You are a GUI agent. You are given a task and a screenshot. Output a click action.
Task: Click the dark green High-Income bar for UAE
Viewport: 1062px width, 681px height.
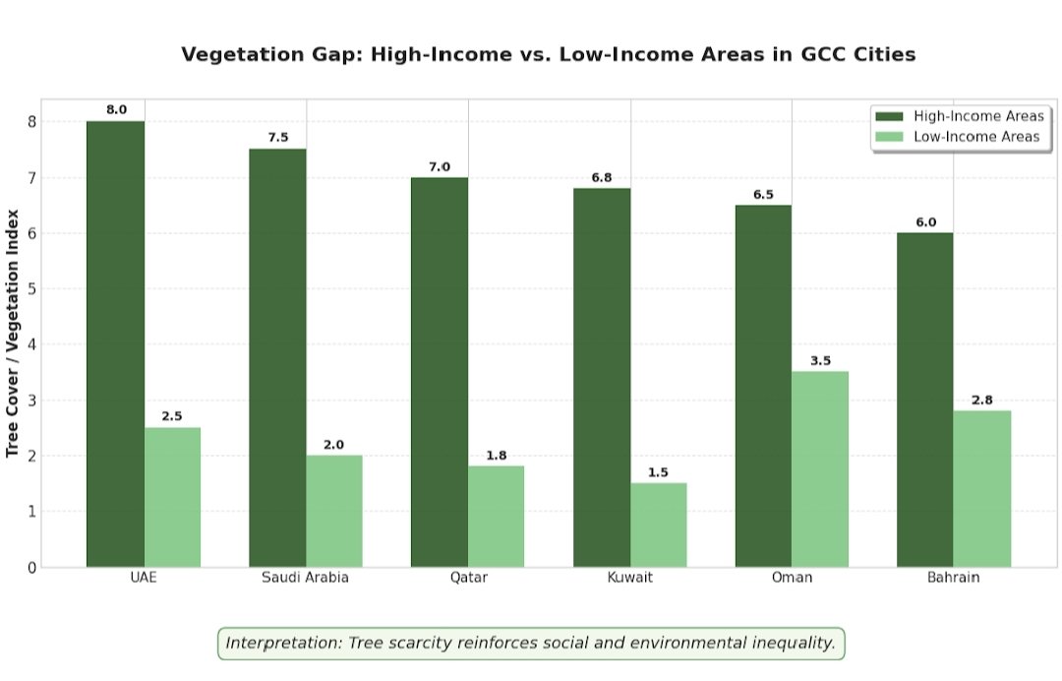(x=115, y=343)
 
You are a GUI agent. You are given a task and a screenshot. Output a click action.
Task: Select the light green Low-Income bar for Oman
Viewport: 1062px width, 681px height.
(x=820, y=468)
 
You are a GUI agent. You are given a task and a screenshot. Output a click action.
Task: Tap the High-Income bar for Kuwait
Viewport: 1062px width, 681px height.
(x=601, y=377)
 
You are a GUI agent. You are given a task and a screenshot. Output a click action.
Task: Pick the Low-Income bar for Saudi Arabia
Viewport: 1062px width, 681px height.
(x=334, y=511)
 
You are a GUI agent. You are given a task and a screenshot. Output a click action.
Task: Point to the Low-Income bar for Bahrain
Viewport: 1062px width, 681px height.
(x=981, y=488)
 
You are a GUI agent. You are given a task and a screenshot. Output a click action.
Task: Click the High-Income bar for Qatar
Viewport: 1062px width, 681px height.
(x=440, y=372)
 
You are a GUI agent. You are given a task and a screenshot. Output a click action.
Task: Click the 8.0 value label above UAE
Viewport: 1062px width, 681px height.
(x=116, y=110)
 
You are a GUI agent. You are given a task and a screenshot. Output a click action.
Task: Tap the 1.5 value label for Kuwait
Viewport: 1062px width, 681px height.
(x=659, y=472)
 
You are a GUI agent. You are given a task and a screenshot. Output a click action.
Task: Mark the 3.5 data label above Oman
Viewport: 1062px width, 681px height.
(x=820, y=361)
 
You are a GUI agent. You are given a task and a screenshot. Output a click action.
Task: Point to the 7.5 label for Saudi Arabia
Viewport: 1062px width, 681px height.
(x=278, y=138)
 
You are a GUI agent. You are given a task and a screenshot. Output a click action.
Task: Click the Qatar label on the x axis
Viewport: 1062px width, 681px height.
(x=467, y=578)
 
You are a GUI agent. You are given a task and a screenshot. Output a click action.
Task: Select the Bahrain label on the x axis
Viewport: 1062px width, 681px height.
(x=953, y=578)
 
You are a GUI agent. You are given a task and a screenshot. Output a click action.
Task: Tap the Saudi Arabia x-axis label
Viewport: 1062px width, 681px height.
(x=306, y=578)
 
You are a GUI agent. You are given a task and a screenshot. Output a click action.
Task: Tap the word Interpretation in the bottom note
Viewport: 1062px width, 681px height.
(x=279, y=644)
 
